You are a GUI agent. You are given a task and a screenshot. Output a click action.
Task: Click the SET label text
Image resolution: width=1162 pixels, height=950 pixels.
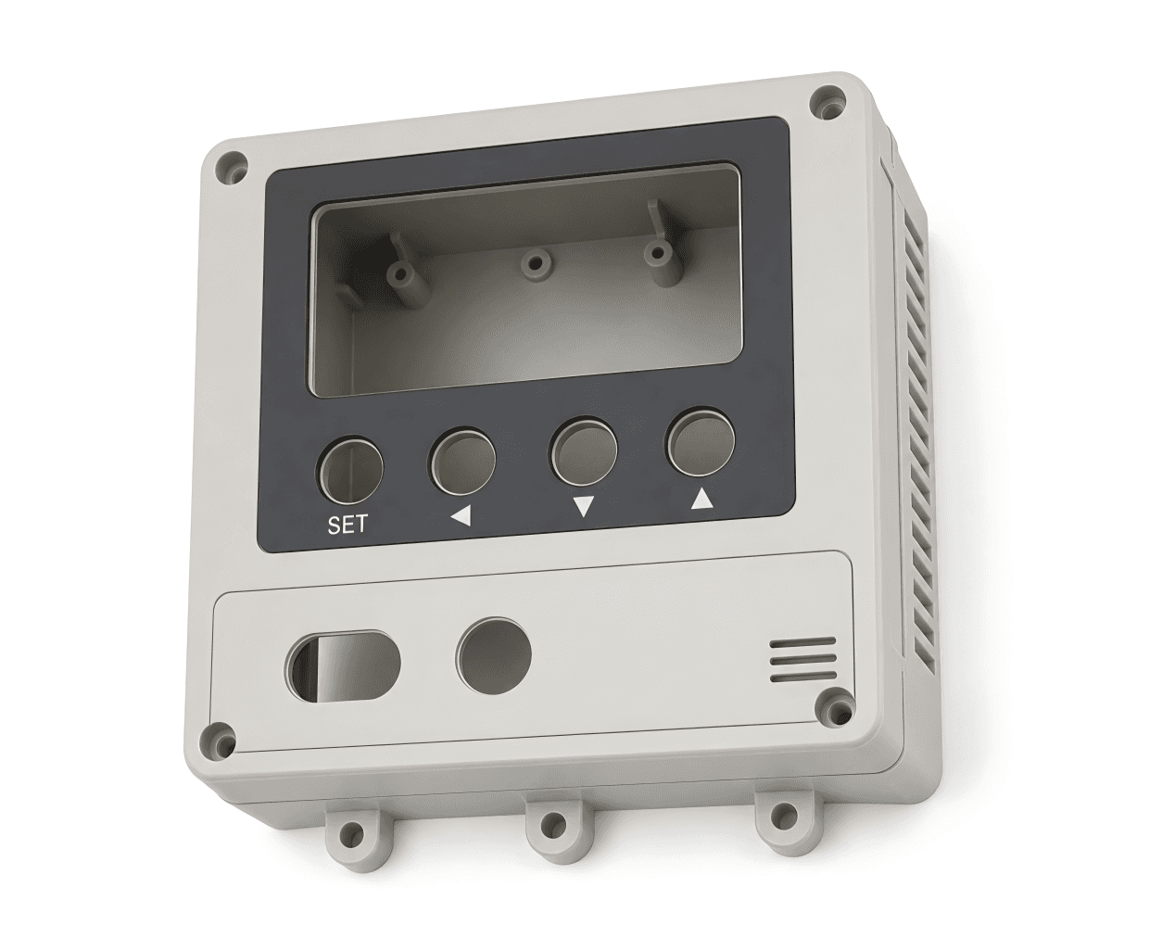pyautogui.click(x=347, y=525)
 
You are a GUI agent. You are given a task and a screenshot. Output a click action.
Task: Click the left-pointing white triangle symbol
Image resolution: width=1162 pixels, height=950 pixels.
pyautogui.click(x=461, y=516)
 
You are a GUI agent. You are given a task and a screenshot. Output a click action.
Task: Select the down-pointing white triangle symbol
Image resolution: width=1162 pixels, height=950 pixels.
pyautogui.click(x=584, y=506)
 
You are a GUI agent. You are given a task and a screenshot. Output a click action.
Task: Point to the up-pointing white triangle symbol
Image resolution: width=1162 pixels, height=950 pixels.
pyautogui.click(x=702, y=499)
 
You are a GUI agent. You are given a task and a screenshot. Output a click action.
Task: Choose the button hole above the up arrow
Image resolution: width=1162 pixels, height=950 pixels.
pyautogui.click(x=701, y=442)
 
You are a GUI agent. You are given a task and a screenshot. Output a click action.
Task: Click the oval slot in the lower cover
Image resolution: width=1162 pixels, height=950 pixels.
pyautogui.click(x=342, y=666)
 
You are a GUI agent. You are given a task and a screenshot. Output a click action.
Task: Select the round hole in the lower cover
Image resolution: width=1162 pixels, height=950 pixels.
pyautogui.click(x=494, y=655)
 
